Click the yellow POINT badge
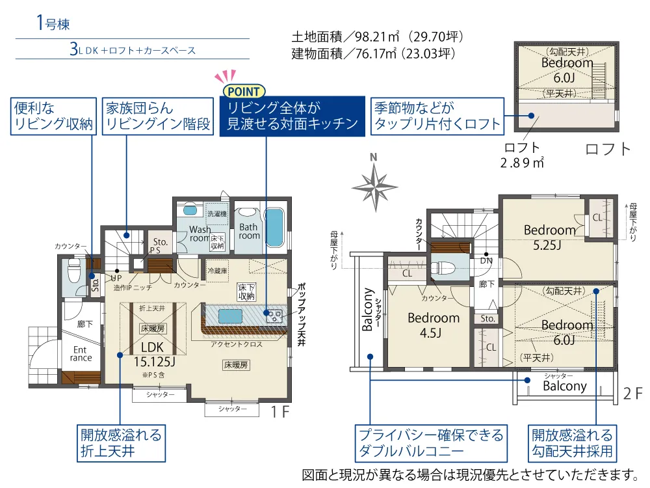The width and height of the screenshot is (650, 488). pyautogui.click(x=244, y=91)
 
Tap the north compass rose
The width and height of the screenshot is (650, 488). pyautogui.click(x=375, y=187)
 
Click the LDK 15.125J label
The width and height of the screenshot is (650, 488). pyautogui.click(x=154, y=355)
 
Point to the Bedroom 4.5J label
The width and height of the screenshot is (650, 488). pyautogui.click(x=433, y=325)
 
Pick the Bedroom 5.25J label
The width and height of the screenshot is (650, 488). pyautogui.click(x=549, y=237)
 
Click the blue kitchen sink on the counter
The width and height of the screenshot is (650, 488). pyautogui.click(x=230, y=316)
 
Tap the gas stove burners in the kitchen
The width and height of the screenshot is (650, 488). pyautogui.click(x=274, y=316)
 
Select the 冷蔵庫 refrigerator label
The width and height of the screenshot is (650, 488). pyautogui.click(x=217, y=271)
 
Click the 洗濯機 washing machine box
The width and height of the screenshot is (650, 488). pyautogui.click(x=217, y=213)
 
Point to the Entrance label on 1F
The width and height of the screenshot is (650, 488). pyautogui.click(x=81, y=354)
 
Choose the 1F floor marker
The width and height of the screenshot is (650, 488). pyautogui.click(x=279, y=411)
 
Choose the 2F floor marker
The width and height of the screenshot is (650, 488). pyautogui.click(x=632, y=394)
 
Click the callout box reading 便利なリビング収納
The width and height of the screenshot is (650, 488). pyautogui.click(x=53, y=116)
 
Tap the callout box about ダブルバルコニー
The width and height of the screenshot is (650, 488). pyautogui.click(x=431, y=443)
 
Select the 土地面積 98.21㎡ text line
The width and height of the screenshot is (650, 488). pyautogui.click(x=377, y=37)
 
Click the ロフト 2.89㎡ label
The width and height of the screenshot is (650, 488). pyautogui.click(x=522, y=156)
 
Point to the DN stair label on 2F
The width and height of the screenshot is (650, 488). pyautogui.click(x=486, y=261)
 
